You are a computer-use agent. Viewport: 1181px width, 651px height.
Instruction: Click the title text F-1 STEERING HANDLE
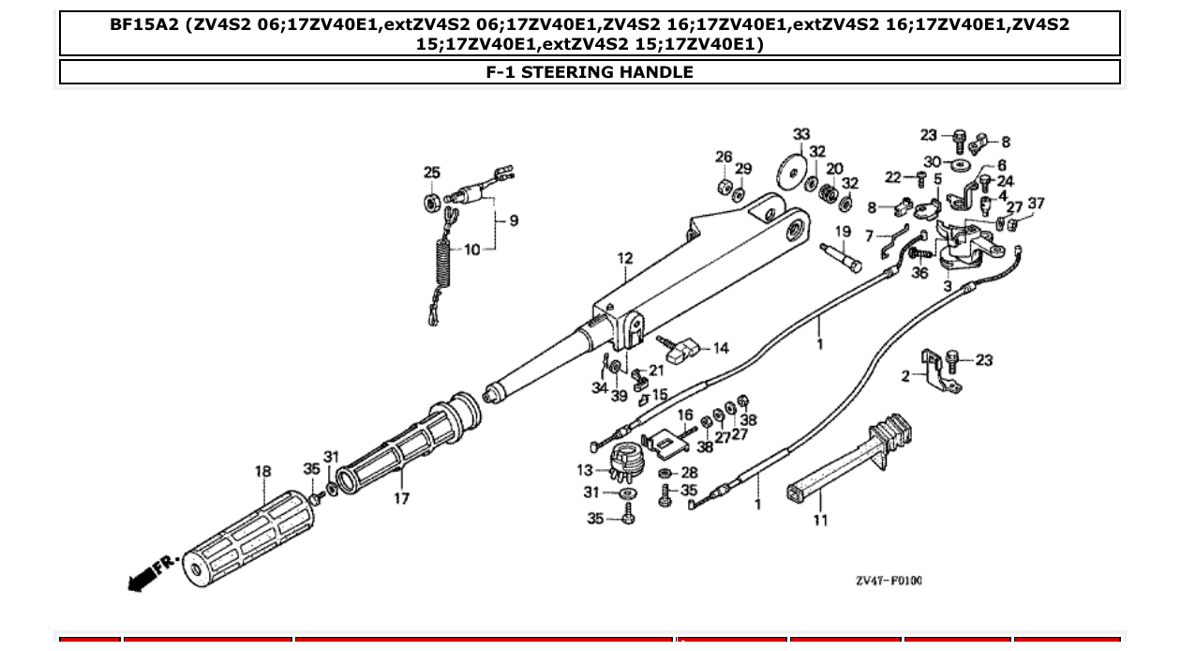tap(590, 72)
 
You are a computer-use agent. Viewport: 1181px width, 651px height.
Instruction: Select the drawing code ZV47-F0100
tap(888, 581)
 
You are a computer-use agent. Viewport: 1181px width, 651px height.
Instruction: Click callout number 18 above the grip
tap(263, 471)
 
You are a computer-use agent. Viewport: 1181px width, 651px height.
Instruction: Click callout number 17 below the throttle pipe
tap(401, 498)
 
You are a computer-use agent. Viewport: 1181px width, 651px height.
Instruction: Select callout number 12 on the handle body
tap(625, 259)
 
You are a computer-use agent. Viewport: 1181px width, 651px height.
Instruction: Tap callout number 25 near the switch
tap(431, 173)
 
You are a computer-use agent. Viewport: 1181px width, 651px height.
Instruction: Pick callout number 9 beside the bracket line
tap(513, 221)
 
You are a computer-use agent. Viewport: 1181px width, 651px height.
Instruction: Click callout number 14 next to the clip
tap(720, 348)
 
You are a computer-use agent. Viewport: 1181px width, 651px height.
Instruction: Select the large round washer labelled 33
tap(793, 172)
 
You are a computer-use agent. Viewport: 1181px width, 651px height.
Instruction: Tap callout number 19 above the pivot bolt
tap(843, 232)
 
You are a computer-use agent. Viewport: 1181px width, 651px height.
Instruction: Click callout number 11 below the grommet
tap(820, 520)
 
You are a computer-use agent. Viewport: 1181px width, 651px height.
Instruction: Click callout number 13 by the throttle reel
tap(585, 470)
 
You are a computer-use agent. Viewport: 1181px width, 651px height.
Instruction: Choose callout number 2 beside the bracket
tap(905, 376)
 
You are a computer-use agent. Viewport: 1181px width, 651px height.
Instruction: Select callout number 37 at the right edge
tap(1036, 204)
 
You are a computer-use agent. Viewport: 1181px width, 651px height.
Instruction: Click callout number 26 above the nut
tap(724, 157)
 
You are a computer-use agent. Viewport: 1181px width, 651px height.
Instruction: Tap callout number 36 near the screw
tap(919, 273)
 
